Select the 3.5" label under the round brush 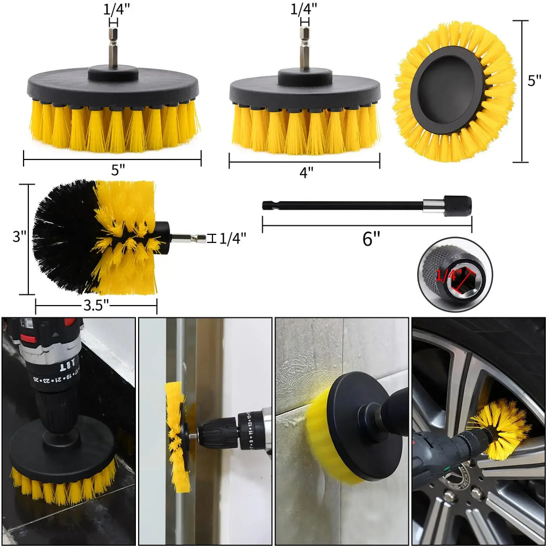96,306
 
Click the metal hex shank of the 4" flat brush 305,49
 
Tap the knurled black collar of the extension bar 458,206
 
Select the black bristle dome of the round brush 64,235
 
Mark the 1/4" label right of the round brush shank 233,238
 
